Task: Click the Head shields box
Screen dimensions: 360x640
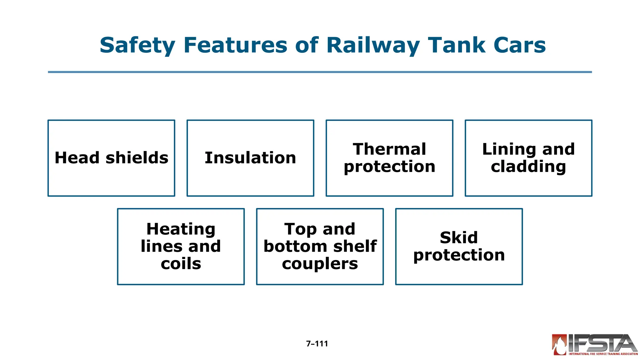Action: click(x=111, y=158)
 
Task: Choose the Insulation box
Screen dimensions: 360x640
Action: click(x=250, y=158)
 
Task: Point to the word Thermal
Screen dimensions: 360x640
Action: click(x=389, y=149)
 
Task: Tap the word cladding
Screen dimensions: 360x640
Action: click(x=528, y=167)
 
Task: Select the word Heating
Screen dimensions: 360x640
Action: click(x=181, y=229)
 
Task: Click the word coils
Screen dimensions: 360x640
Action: click(x=181, y=264)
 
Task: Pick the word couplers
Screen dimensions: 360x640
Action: click(x=320, y=264)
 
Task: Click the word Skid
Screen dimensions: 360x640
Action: click(x=459, y=238)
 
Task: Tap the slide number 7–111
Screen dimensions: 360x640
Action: click(x=317, y=344)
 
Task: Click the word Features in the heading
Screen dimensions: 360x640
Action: click(x=235, y=45)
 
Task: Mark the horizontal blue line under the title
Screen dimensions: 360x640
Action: click(x=320, y=72)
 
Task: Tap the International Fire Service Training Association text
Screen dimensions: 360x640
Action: click(x=603, y=354)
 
